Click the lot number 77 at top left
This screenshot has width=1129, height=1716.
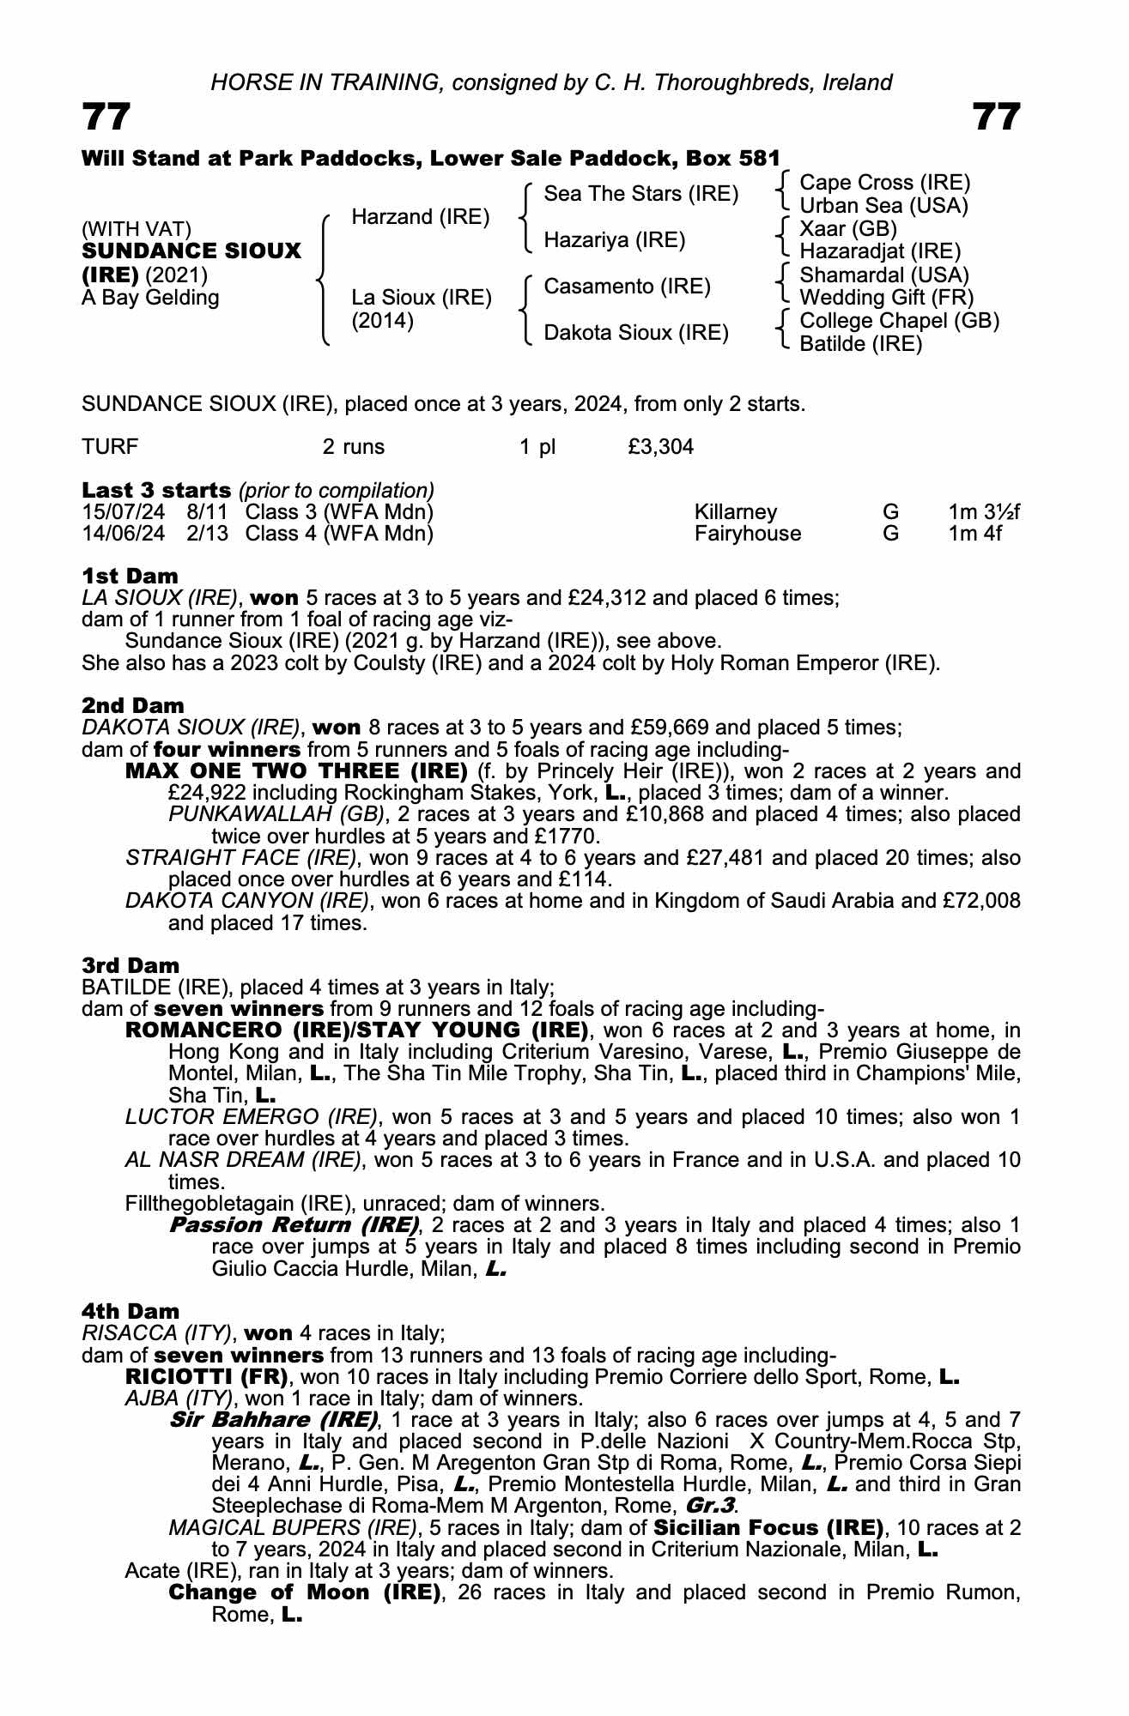[x=106, y=117]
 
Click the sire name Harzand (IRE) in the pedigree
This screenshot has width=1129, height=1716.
[x=420, y=217]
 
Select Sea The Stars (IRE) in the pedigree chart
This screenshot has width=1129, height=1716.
[x=640, y=194]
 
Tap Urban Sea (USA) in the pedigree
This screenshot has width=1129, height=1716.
[x=883, y=206]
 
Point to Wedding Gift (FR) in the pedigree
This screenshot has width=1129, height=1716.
[x=887, y=298]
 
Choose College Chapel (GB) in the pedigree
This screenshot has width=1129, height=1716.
[x=899, y=321]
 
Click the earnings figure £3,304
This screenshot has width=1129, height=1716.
[x=661, y=447]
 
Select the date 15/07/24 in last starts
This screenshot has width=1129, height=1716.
[x=123, y=512]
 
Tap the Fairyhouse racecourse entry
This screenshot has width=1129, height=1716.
[x=747, y=534]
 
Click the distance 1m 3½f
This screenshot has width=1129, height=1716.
[x=984, y=512]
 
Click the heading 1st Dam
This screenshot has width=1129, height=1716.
[x=130, y=576]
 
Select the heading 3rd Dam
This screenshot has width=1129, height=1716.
[x=131, y=965]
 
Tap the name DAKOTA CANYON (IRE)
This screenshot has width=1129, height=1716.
[x=247, y=901]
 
